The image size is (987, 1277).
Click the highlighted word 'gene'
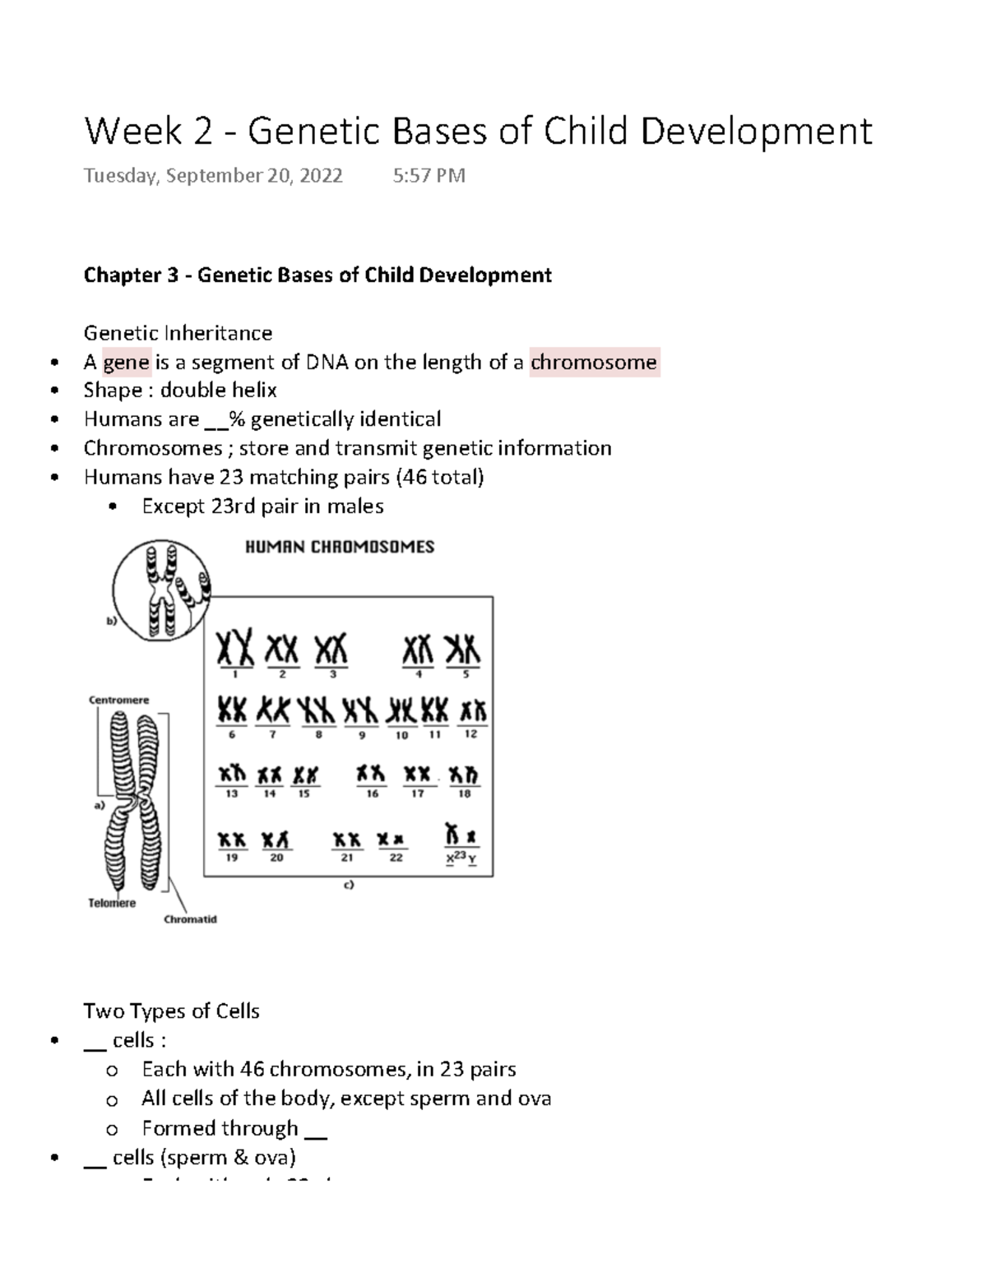click(x=126, y=363)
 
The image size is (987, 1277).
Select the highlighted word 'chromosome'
click(x=593, y=363)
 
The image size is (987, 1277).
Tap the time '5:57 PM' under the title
click(x=429, y=175)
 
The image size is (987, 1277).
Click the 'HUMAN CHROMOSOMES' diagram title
click(x=340, y=547)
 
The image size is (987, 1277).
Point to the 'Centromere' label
click(x=118, y=701)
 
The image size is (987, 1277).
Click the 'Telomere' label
click(x=112, y=903)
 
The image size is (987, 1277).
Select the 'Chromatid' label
click(x=190, y=919)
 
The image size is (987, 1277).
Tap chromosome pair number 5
click(x=462, y=650)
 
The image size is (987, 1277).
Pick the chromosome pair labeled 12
click(x=473, y=711)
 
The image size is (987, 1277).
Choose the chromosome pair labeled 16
click(x=371, y=775)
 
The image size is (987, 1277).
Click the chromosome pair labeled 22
click(x=392, y=840)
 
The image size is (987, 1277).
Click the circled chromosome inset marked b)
click(x=161, y=590)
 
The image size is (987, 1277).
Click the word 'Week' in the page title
click(x=132, y=132)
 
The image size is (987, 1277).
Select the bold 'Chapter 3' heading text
click(x=131, y=275)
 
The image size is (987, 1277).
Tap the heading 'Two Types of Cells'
click(x=171, y=1011)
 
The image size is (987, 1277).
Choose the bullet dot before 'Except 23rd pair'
click(x=113, y=507)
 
